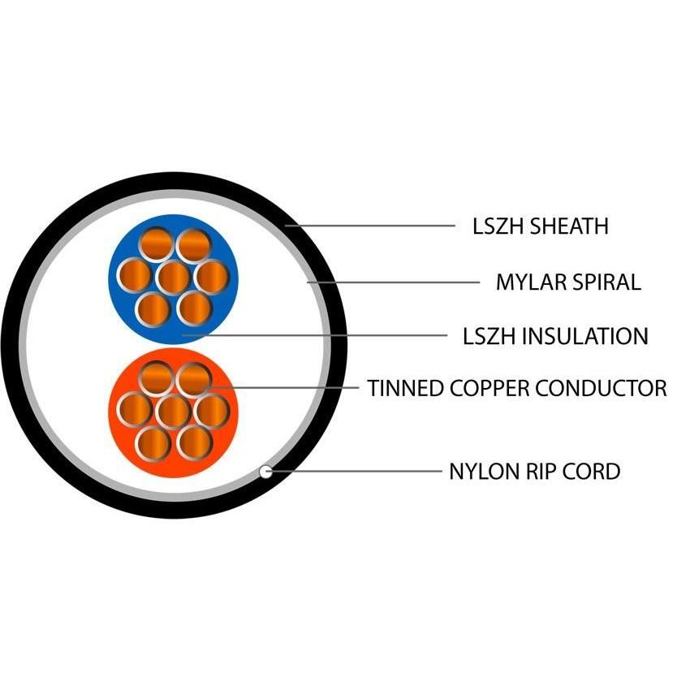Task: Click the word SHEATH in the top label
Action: pos(569,226)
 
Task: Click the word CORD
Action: pos(595,471)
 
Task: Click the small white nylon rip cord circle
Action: pos(265,471)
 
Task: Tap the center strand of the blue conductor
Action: pos(172,278)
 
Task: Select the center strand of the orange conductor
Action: pos(172,411)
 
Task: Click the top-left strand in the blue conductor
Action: pos(154,244)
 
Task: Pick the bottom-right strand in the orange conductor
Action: pos(195,442)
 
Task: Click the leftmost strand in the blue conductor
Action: pos(133,276)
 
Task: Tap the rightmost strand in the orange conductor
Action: pos(212,411)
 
